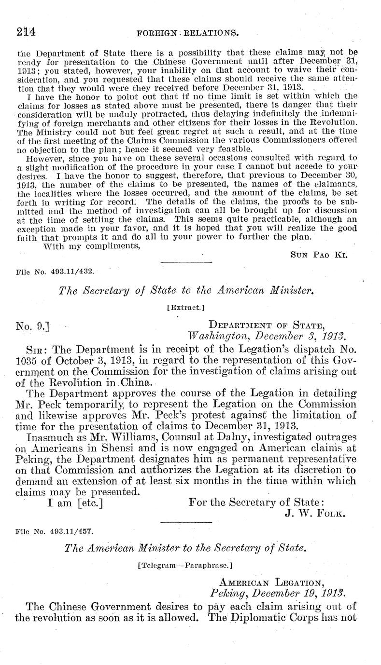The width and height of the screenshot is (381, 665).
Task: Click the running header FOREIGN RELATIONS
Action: click(x=188, y=34)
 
